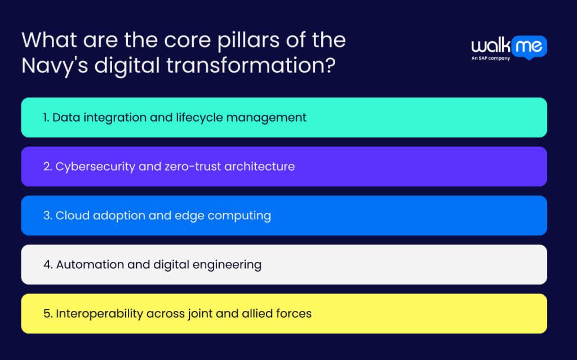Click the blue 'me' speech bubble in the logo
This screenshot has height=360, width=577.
pyautogui.click(x=529, y=47)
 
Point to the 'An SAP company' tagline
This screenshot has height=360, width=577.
pyautogui.click(x=491, y=58)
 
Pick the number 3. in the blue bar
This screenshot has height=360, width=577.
pyautogui.click(x=48, y=216)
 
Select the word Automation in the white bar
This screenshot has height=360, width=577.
pyautogui.click(x=86, y=265)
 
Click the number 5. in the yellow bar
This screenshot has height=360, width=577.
pyautogui.click(x=48, y=314)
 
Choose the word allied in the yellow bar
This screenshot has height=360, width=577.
pyautogui.click(x=259, y=314)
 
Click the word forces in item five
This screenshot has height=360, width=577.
pyautogui.click(x=295, y=314)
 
